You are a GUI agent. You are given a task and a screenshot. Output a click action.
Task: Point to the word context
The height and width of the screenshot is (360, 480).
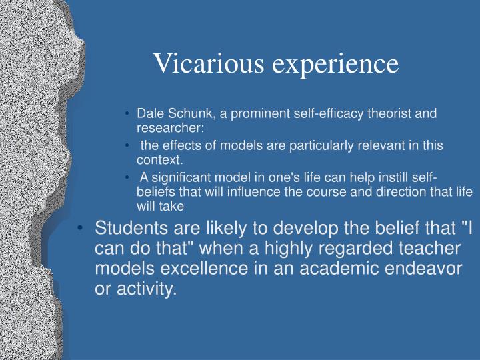coord(159,160)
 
